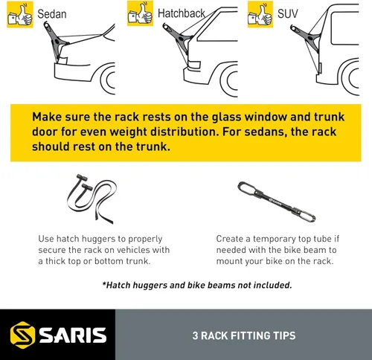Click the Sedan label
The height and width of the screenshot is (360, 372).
point(52,14)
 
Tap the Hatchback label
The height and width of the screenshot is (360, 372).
point(182,13)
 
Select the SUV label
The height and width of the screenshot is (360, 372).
point(287,13)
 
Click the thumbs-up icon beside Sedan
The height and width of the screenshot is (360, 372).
point(20,14)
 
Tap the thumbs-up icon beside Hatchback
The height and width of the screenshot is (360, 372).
point(140,13)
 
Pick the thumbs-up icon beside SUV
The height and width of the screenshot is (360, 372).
point(260,14)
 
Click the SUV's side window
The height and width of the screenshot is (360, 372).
point(344,28)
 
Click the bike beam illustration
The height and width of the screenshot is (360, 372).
point(276,202)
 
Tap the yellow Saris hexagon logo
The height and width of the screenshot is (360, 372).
point(22,335)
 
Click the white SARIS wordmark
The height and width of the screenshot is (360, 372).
point(73,335)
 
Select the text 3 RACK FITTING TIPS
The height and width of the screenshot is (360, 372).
point(244,335)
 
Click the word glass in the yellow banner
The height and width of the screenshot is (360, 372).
point(226,118)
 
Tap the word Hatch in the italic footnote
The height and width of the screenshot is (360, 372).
point(117,285)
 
